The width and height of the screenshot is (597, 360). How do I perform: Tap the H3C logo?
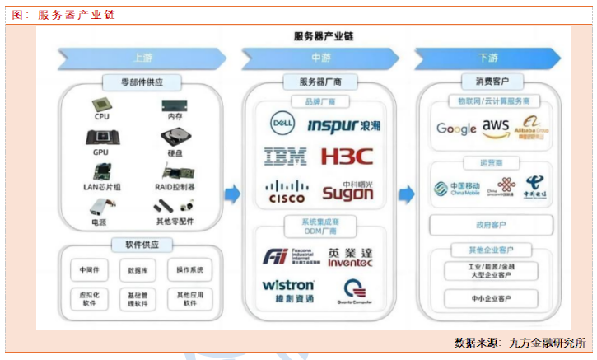(x=347, y=156)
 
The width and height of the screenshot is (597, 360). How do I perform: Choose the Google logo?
(x=456, y=129)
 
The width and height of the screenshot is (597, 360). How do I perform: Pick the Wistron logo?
(x=287, y=285)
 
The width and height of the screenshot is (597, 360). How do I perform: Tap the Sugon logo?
(x=347, y=192)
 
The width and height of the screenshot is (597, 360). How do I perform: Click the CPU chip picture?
(x=102, y=105)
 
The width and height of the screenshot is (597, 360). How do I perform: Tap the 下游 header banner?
(x=487, y=58)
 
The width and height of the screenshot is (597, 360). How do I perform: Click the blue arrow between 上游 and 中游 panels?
(x=232, y=194)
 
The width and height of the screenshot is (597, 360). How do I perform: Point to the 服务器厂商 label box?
(x=318, y=82)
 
